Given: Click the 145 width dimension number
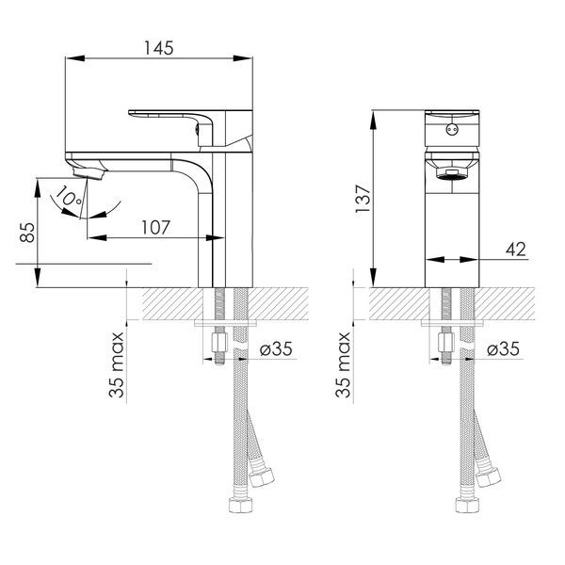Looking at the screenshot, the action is [159, 48].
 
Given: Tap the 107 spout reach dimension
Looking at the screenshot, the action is [155, 227].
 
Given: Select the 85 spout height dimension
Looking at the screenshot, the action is [27, 232].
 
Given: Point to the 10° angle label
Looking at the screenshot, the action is [69, 197].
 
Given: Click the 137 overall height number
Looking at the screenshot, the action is [363, 199].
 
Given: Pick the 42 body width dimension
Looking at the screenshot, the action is [516, 249].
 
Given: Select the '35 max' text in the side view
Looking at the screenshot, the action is [117, 364].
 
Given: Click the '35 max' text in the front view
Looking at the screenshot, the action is [343, 364].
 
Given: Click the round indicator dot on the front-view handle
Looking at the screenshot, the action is [452, 129].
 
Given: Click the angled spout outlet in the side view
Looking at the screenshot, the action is [89, 172].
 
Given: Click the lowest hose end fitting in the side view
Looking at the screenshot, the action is [241, 504].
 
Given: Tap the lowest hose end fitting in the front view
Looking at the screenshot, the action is [467, 504].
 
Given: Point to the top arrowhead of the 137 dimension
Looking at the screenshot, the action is [374, 120].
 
